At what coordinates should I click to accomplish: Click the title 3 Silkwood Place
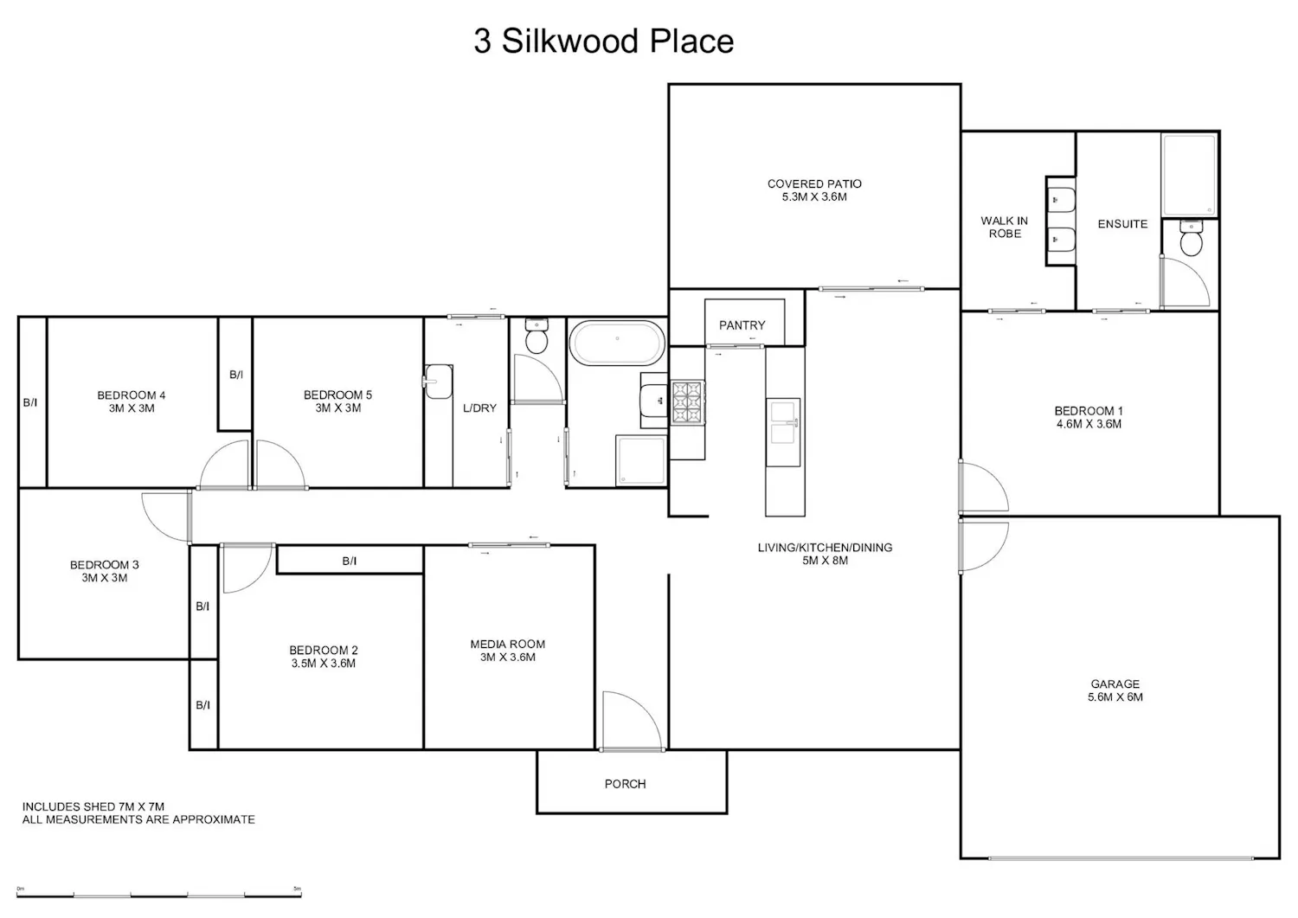point(604,42)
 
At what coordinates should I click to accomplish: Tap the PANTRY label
point(742,325)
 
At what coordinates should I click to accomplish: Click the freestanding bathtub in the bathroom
point(617,343)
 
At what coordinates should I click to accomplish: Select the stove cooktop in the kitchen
point(688,401)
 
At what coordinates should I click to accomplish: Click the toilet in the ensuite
point(1191,238)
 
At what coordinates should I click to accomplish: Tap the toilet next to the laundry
point(537,336)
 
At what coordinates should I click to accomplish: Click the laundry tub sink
point(438,382)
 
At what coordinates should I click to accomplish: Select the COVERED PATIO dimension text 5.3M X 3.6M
point(814,197)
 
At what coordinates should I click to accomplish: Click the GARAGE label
point(1115,684)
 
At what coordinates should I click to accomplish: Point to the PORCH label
point(625,784)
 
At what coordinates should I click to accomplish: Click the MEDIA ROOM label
point(508,644)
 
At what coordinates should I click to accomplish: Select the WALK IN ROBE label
point(1004,228)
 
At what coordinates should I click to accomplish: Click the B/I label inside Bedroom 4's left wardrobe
point(30,402)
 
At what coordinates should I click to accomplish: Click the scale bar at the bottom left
point(158,896)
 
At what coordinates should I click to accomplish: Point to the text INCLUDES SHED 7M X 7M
point(93,806)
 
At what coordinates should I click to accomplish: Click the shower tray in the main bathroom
point(641,460)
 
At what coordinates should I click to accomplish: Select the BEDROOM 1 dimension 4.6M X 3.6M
point(1089,424)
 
